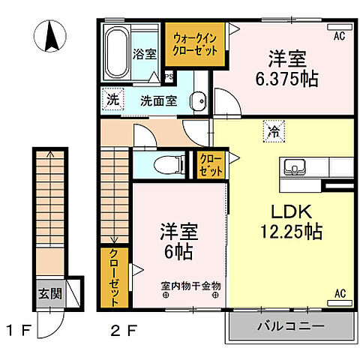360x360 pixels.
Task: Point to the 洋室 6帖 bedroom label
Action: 177,241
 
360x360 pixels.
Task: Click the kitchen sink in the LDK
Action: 293,166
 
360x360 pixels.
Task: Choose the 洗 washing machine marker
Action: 112,98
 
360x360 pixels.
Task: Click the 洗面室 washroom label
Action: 162,100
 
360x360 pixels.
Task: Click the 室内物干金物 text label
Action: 190,286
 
